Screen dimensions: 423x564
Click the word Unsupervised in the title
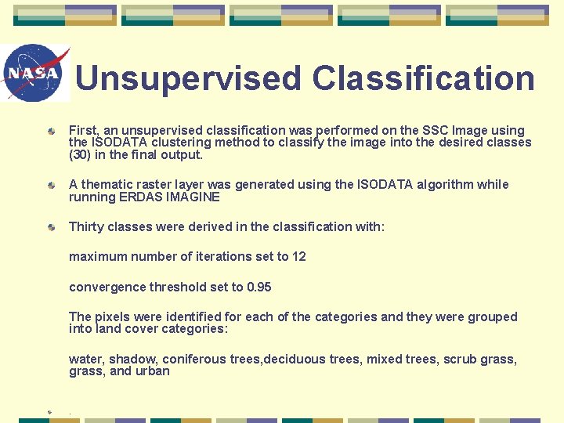188,78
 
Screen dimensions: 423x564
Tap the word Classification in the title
423,78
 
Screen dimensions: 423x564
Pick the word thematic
107,185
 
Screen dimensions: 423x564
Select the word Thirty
86,227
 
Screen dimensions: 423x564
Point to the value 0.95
258,287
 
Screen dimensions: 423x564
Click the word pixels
113,317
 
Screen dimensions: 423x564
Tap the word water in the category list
85,360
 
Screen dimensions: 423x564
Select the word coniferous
196,360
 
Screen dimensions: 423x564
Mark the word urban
154,372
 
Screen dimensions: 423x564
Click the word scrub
460,360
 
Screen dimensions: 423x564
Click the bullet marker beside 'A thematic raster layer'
50,185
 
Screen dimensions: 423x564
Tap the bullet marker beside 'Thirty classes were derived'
50,227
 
